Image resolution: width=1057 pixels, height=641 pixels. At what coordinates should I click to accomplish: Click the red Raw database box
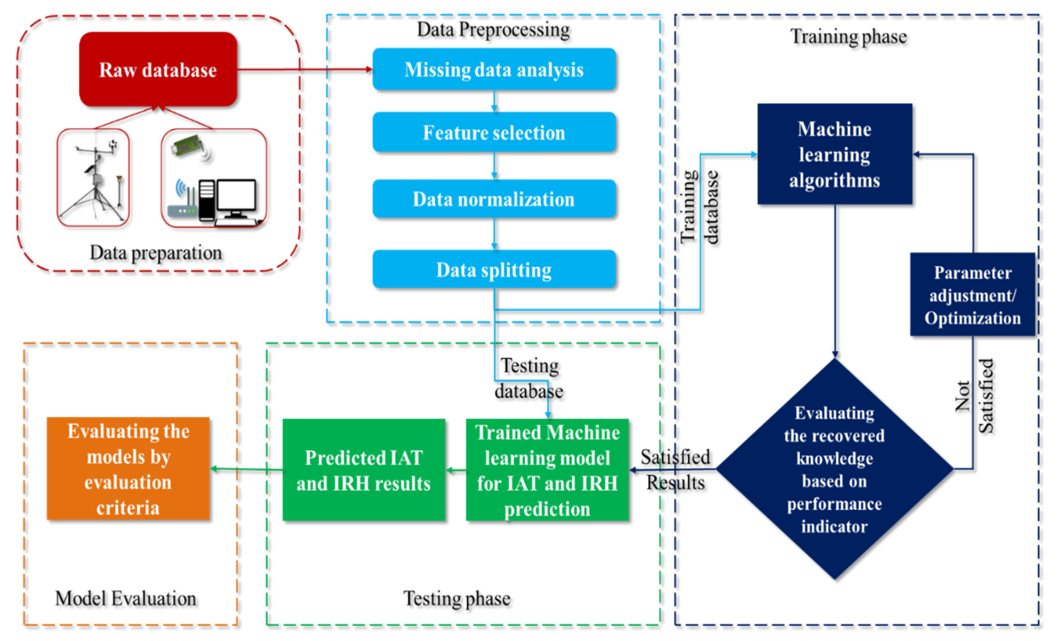pyautogui.click(x=158, y=70)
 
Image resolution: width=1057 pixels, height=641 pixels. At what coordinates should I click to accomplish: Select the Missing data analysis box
pyautogui.click(x=494, y=70)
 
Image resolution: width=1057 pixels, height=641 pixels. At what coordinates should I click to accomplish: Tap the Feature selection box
pyautogui.click(x=494, y=133)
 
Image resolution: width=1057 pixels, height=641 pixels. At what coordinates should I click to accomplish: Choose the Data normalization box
pyautogui.click(x=494, y=199)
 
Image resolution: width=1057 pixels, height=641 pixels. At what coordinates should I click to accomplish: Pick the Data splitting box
pyautogui.click(x=494, y=270)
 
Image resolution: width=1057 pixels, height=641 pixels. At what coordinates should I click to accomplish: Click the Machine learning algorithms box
pyautogui.click(x=835, y=154)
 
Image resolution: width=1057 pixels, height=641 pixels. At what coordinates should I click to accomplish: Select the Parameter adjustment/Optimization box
pyautogui.click(x=972, y=295)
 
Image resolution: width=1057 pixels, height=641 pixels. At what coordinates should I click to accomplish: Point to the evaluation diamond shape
pyautogui.click(x=835, y=469)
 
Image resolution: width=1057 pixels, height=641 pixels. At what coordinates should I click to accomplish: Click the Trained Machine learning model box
pyautogui.click(x=547, y=470)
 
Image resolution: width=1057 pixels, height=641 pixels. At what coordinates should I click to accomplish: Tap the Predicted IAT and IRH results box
pyautogui.click(x=364, y=470)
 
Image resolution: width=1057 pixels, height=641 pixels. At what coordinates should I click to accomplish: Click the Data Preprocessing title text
pyautogui.click(x=493, y=30)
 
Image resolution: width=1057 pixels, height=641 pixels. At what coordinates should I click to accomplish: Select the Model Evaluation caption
pyautogui.click(x=126, y=598)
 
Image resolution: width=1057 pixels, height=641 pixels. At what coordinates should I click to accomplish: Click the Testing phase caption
pyautogui.click(x=457, y=598)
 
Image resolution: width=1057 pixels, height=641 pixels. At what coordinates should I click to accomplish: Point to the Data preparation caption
pyautogui.click(x=156, y=253)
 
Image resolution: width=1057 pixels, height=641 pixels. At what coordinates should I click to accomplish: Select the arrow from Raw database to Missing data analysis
pyautogui.click(x=305, y=69)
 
